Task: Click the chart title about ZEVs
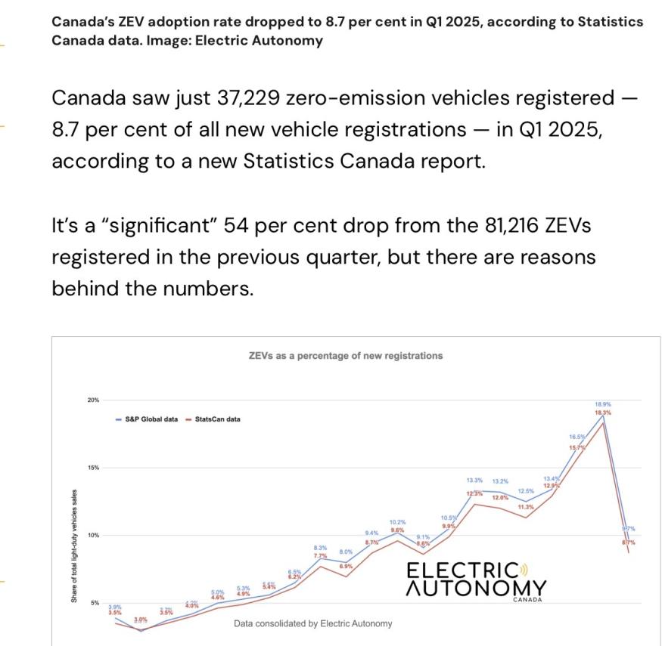pos(346,355)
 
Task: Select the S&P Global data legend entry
pos(151,419)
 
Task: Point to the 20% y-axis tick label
pos(92,400)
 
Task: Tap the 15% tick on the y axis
pos(92,468)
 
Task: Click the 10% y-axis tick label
pos(92,535)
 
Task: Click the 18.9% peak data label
pos(603,404)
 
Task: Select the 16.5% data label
pos(577,437)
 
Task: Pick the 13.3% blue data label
pos(474,481)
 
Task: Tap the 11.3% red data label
pos(526,506)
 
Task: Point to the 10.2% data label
pos(398,522)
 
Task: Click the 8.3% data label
pos(320,547)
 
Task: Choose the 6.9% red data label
pos(346,566)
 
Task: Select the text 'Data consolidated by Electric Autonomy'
pos(313,623)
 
